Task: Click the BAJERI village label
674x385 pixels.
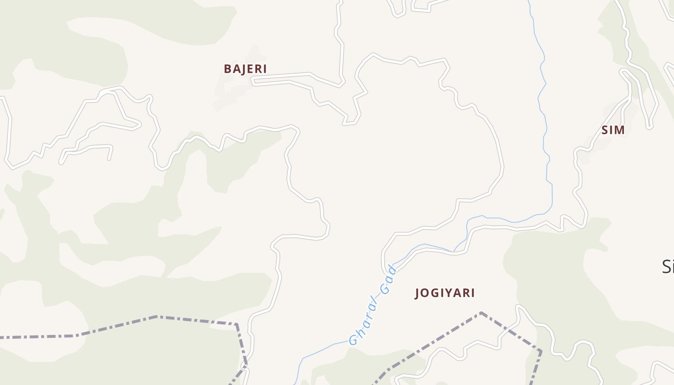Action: pyautogui.click(x=245, y=69)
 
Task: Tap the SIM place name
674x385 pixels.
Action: pyautogui.click(x=613, y=130)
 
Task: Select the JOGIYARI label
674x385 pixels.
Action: pyautogui.click(x=445, y=293)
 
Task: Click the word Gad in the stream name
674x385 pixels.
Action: pyautogui.click(x=388, y=280)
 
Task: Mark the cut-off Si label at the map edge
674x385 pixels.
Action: pyautogui.click(x=668, y=266)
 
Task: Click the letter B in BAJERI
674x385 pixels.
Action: pyautogui.click(x=228, y=69)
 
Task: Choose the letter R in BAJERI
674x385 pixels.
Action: pyautogui.click(x=257, y=69)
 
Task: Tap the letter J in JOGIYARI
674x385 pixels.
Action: pyautogui.click(x=417, y=293)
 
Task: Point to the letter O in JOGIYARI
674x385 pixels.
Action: pyautogui.click(x=425, y=293)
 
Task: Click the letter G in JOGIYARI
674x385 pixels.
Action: pyautogui.click(x=433, y=293)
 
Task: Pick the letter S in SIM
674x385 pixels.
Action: pyautogui.click(x=605, y=130)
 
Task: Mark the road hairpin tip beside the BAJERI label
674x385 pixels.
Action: pyautogui.click(x=253, y=81)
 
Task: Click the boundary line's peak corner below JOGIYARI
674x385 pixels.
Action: pyautogui.click(x=480, y=313)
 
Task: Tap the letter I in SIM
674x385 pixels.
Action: pyautogui.click(x=611, y=130)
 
